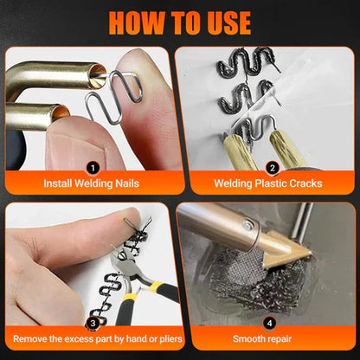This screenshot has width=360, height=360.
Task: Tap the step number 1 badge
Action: click(93, 168)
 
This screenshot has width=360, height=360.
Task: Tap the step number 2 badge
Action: click(272, 168)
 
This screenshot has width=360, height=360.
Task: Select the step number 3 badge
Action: click(93, 323)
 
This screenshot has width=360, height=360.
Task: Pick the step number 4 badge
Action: click(269, 323)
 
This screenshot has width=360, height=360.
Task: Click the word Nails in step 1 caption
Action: click(127, 183)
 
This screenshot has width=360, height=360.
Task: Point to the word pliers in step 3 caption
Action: click(170, 339)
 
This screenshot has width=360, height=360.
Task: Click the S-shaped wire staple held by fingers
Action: click(115, 95)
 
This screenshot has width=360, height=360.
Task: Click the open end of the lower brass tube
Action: click(61, 113)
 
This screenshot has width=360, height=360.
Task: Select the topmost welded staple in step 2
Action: click(247, 63)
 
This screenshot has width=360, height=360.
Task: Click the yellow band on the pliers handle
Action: click(157, 286)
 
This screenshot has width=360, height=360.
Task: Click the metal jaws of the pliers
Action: click(123, 262)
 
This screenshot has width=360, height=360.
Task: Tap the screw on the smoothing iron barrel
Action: click(247, 224)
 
